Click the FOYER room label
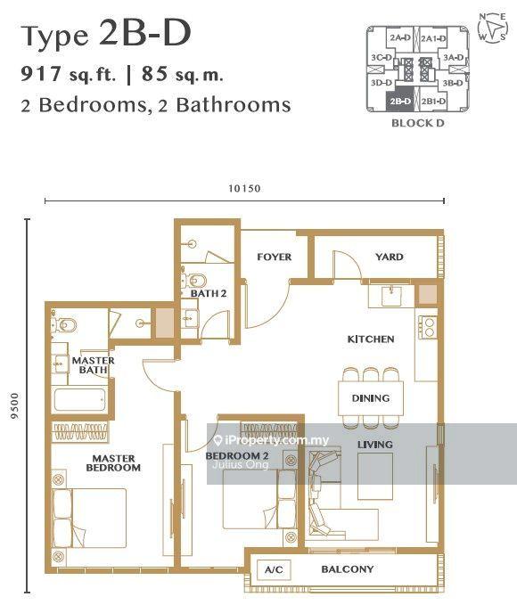275,257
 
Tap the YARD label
390,257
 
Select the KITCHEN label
371,339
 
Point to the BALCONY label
348,569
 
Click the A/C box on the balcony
274,569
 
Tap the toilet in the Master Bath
64,325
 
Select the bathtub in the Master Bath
79,400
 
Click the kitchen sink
391,296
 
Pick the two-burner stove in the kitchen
428,327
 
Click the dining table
371,398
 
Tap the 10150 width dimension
244,189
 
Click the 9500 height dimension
14,406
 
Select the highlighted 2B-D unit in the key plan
399,102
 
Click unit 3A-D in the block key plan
454,58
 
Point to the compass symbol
492,27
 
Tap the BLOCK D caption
418,123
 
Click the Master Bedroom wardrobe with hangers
80,432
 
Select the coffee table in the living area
375,476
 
